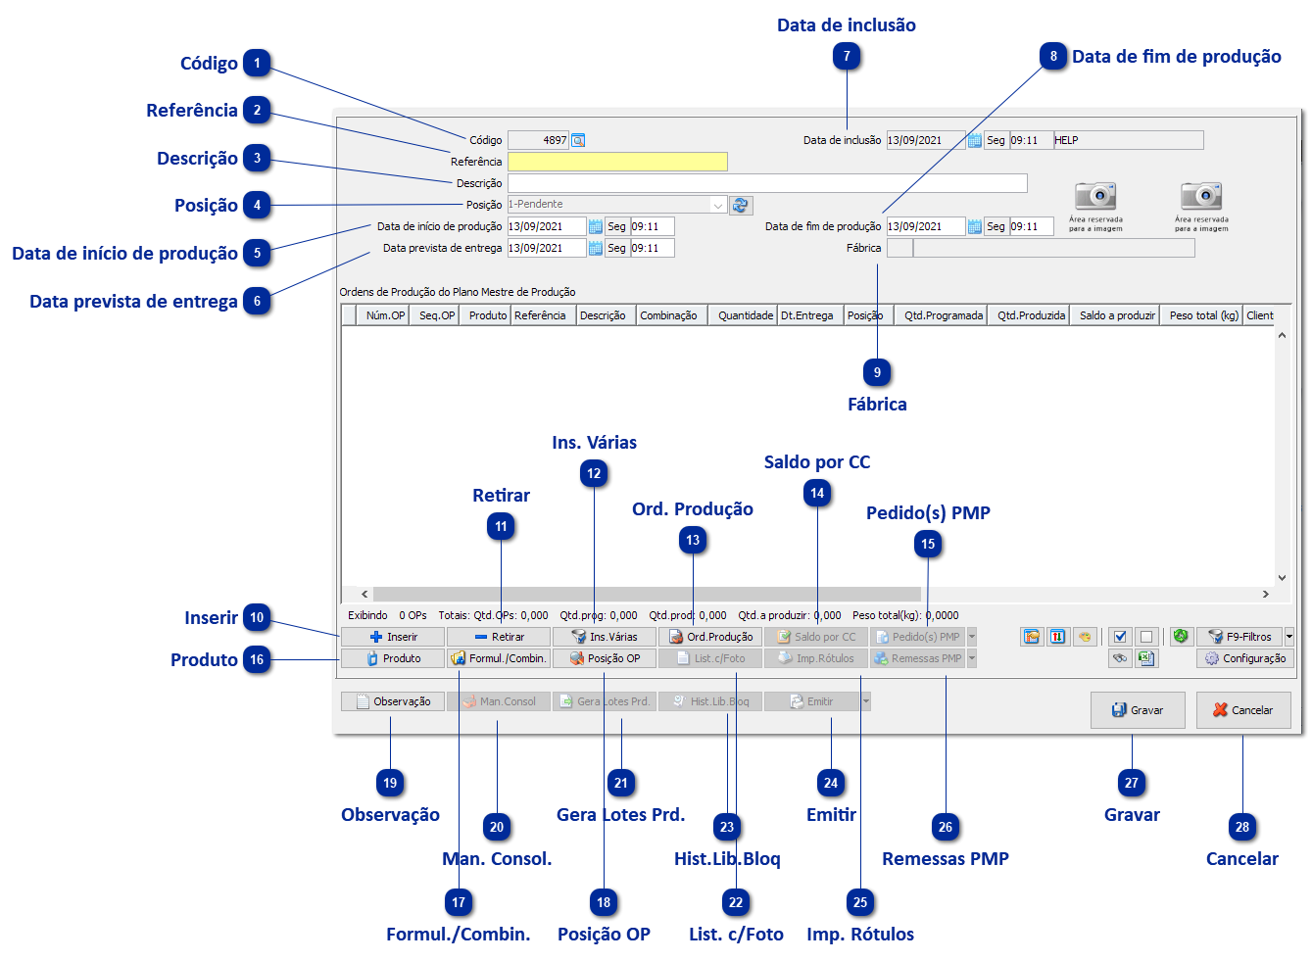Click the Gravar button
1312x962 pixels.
[x=1138, y=710]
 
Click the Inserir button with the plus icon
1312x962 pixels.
[x=394, y=637]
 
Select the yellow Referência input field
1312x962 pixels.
[x=617, y=162]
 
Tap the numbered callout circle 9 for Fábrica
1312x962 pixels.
[x=877, y=372]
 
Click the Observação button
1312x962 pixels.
[x=393, y=701]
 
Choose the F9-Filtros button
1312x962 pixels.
[x=1239, y=637]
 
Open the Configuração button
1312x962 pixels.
[x=1245, y=658]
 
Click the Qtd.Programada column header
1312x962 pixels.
[x=943, y=315]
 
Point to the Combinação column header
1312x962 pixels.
[x=668, y=315]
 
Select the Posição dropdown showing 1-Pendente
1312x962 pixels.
[x=617, y=205]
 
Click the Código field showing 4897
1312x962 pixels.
[x=538, y=140]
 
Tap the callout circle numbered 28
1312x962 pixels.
[x=1241, y=827]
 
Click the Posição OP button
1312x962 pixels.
[x=605, y=658]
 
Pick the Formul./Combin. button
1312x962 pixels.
[x=499, y=658]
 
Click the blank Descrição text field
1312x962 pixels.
[x=767, y=183]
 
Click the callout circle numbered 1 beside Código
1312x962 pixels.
[x=258, y=64]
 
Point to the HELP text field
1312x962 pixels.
[x=1128, y=140]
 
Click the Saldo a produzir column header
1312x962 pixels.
[x=1116, y=315]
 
